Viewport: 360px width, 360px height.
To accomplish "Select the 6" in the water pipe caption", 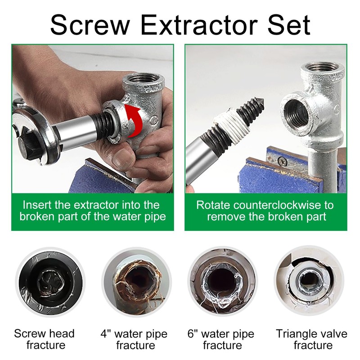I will (x=193, y=334).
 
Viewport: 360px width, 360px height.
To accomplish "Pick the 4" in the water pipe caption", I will (x=107, y=334).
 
